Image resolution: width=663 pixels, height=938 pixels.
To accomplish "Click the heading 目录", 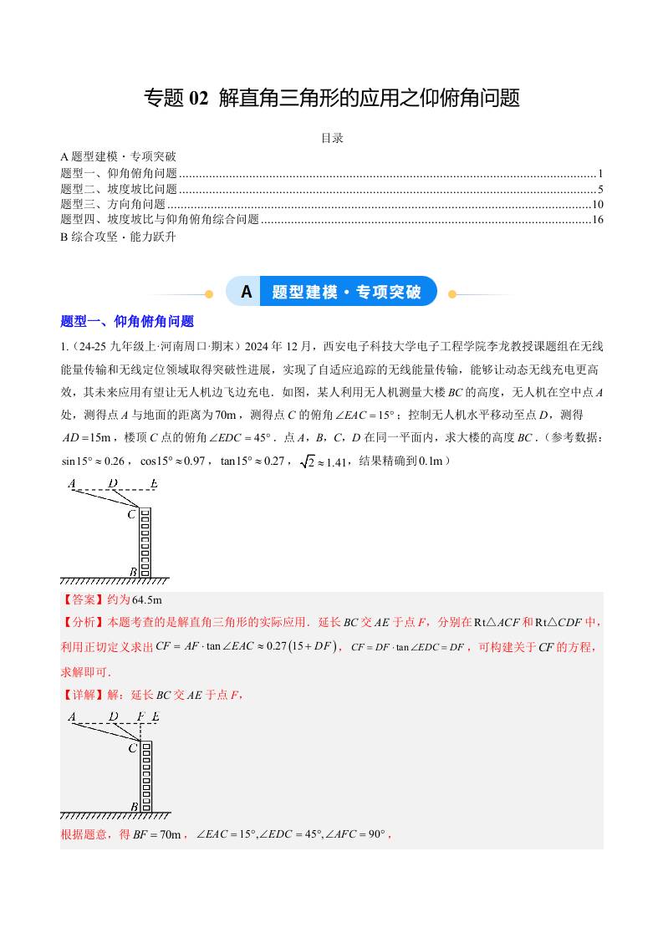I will pyautogui.click(x=332, y=139).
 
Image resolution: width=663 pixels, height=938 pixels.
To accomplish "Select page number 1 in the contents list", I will pyautogui.click(x=600, y=173).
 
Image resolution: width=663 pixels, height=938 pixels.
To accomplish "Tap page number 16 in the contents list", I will pyautogui.click(x=597, y=220).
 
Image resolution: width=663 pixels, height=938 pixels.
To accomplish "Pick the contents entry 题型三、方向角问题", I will pyautogui.click(x=114, y=204).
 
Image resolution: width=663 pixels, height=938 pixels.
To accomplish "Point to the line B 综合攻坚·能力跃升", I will pyautogui.click(x=119, y=236).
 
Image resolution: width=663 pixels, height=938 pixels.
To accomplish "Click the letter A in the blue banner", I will pyautogui.click(x=246, y=292).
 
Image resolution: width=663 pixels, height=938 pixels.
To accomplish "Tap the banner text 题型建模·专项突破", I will pyautogui.click(x=347, y=292).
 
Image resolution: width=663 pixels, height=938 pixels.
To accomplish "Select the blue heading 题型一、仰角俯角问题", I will pyautogui.click(x=127, y=321).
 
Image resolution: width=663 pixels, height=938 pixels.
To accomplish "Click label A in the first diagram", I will pyautogui.click(x=72, y=483).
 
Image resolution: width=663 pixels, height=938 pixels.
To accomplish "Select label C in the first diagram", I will pyautogui.click(x=131, y=514).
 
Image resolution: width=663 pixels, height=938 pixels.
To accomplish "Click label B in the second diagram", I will pyautogui.click(x=134, y=806).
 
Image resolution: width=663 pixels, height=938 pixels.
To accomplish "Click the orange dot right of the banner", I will pyautogui.click(x=452, y=293).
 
